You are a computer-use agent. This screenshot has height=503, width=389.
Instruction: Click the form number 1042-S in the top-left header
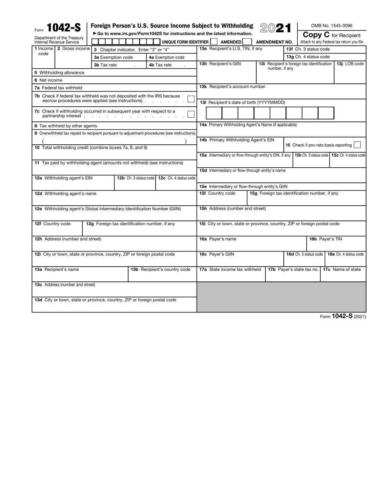click(63, 28)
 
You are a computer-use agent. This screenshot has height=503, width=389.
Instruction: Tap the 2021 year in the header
click(275, 28)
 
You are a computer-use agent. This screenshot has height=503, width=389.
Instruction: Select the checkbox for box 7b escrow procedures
click(190, 99)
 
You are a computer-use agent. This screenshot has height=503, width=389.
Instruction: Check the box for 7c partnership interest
click(190, 114)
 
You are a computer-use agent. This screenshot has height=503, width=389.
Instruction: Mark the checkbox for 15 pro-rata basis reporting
click(357, 145)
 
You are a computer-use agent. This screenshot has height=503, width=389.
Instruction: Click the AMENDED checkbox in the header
click(247, 42)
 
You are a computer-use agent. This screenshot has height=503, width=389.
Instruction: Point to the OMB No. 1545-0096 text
click(332, 26)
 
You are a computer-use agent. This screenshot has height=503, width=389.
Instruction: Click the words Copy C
click(316, 35)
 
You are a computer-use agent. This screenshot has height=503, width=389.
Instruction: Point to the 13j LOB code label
click(350, 64)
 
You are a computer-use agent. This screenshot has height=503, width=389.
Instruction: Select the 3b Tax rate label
click(105, 65)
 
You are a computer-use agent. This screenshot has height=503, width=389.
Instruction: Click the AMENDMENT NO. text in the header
click(274, 42)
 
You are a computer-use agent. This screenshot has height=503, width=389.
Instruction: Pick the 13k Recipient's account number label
click(232, 87)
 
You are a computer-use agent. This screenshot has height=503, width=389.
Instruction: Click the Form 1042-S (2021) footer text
click(343, 316)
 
